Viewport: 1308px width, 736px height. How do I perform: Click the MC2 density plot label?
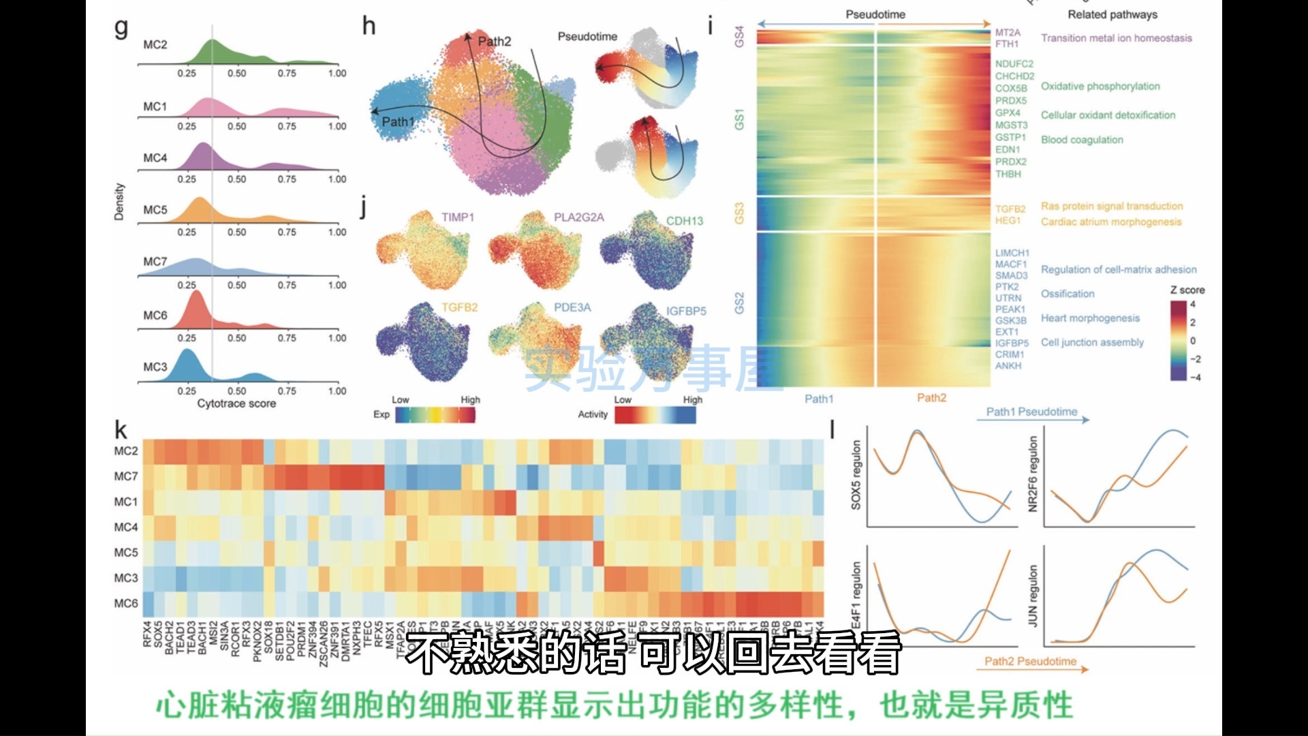click(x=155, y=45)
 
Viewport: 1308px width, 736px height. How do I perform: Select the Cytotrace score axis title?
click(x=236, y=403)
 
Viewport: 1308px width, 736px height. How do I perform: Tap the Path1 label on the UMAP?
click(x=398, y=122)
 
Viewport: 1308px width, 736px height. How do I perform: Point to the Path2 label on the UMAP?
click(x=494, y=42)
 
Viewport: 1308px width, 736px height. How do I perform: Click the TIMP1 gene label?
click(x=457, y=217)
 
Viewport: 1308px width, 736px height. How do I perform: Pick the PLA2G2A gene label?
click(x=578, y=217)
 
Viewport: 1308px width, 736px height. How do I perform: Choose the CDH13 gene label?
click(x=684, y=221)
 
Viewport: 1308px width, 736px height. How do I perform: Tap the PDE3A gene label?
click(x=572, y=308)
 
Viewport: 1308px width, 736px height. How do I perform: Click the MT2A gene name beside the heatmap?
click(x=1008, y=33)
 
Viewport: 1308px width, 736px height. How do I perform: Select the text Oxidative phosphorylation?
click(x=1100, y=87)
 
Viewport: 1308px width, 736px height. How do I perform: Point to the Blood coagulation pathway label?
click(x=1082, y=140)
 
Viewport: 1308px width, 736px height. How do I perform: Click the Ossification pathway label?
click(x=1068, y=294)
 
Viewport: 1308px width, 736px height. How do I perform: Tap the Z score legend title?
click(x=1187, y=290)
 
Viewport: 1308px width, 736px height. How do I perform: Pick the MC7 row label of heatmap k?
click(x=126, y=476)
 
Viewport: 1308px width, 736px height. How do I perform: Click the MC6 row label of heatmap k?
click(x=126, y=603)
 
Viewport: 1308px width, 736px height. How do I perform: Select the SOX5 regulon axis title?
click(x=856, y=474)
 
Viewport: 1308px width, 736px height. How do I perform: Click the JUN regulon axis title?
click(x=1033, y=596)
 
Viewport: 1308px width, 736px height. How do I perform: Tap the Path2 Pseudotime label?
click(x=1030, y=662)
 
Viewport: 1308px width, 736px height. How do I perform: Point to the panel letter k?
click(x=121, y=430)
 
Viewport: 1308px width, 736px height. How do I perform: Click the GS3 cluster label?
click(x=740, y=213)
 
